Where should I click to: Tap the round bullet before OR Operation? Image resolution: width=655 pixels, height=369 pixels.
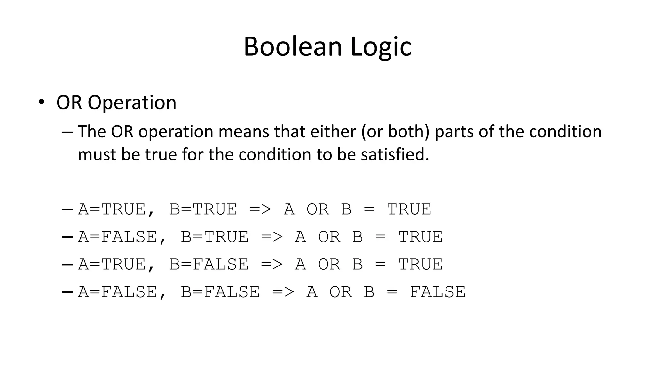pyautogui.click(x=41, y=102)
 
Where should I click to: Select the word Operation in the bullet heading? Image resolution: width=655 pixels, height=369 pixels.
pyautogui.click(x=132, y=103)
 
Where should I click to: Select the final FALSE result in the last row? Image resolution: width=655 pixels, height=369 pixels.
pyautogui.click(x=438, y=292)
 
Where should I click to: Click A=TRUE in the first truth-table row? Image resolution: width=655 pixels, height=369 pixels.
pyautogui.click(x=112, y=209)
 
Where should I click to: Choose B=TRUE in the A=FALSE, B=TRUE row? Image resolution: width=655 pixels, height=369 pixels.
pyautogui.click(x=215, y=237)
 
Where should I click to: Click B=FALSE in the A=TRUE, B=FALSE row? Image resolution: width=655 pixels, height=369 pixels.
pyautogui.click(x=209, y=265)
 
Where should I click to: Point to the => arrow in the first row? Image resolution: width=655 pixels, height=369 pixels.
pyautogui.click(x=260, y=209)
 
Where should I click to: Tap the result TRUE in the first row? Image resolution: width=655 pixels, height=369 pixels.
pyautogui.click(x=409, y=209)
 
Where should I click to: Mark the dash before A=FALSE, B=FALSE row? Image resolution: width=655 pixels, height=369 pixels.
pyautogui.click(x=67, y=292)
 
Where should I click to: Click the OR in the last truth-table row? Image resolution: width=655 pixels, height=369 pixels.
pyautogui.click(x=341, y=292)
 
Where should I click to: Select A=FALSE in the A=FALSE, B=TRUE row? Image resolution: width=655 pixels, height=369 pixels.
pyautogui.click(x=117, y=237)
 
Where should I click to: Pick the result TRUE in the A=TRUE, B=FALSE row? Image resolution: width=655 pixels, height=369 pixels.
pyautogui.click(x=420, y=265)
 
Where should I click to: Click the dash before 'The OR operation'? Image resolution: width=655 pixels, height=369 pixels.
pyautogui.click(x=67, y=132)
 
